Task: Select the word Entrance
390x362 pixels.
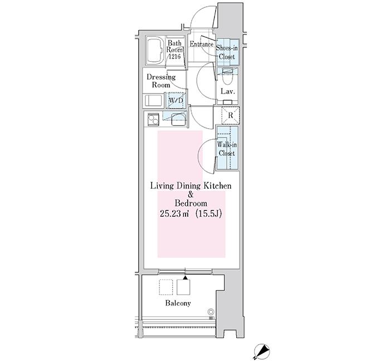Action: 202,45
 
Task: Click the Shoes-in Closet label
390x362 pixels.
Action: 227,52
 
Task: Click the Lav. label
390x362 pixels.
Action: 227,91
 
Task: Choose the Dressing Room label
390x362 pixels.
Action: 161,81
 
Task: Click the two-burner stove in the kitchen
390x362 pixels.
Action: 152,118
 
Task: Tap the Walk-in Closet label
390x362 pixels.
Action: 226,149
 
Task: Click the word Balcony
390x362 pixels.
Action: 178,304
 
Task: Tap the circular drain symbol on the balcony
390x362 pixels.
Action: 211,312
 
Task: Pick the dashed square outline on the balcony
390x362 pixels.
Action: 165,286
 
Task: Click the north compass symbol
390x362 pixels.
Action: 261,351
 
